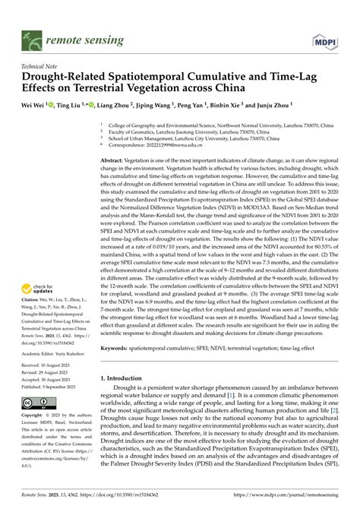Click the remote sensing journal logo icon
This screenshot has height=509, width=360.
(31, 36)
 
